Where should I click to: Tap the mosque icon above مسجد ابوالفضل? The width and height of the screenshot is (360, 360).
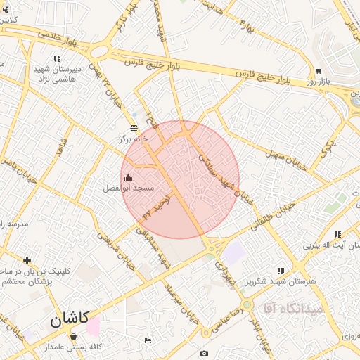click(x=127, y=177)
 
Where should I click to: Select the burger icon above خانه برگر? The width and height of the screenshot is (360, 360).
click(x=134, y=128)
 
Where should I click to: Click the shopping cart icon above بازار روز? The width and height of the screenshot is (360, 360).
click(x=319, y=71)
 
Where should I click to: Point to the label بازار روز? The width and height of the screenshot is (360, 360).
click(x=319, y=82)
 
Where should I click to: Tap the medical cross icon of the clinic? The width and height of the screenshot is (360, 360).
click(x=27, y=261)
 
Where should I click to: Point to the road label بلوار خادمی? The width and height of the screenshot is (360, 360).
click(x=43, y=33)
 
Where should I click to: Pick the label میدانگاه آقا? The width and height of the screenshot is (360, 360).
click(x=292, y=308)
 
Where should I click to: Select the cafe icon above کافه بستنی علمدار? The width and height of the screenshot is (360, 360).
click(x=73, y=337)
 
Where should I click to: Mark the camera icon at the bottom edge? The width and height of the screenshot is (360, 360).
click(x=204, y=353)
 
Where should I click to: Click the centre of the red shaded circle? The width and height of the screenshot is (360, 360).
click(x=180, y=180)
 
